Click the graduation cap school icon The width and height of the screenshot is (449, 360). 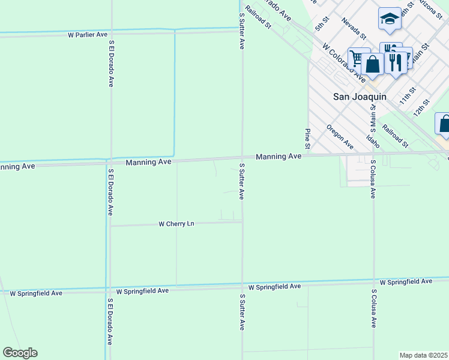[x=390, y=19]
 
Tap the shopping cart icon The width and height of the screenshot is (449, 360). [x=358, y=59]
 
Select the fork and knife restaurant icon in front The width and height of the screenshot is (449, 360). [x=394, y=61]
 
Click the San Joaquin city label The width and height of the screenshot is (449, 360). [x=360, y=96]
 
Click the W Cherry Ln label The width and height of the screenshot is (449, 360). [x=176, y=224]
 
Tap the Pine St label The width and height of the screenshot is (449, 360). [x=307, y=139]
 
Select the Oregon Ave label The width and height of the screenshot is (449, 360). [x=340, y=136]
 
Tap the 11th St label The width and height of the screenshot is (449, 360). [x=408, y=95]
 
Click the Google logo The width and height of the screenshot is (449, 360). [x=20, y=353]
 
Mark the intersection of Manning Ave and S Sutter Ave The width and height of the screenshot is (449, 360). [x=243, y=158]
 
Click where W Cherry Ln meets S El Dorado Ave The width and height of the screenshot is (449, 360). [x=110, y=226]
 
